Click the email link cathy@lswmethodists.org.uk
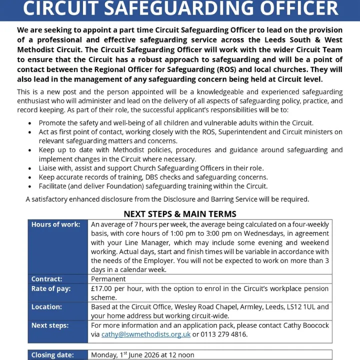146,334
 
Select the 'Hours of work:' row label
55,224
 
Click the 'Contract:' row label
47,279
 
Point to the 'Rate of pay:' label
51,288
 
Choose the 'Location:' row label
47,306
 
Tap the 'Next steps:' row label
50,325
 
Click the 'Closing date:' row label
52,355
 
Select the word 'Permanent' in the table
108,279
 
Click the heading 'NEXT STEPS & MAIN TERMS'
180,214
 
